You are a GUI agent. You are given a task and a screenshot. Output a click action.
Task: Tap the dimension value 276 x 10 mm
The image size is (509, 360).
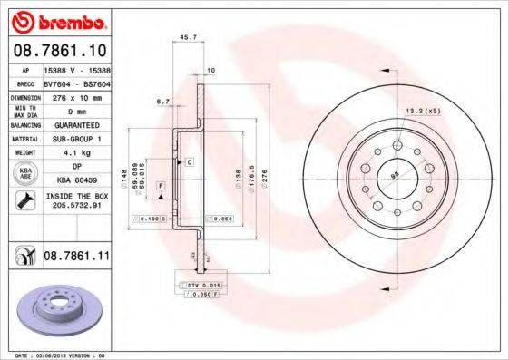76,95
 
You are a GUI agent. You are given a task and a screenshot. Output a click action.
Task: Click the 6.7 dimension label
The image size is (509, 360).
163,102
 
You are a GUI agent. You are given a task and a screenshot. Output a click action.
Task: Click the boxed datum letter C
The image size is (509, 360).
190,161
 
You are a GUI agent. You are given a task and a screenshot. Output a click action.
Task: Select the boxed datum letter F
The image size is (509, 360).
161,185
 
